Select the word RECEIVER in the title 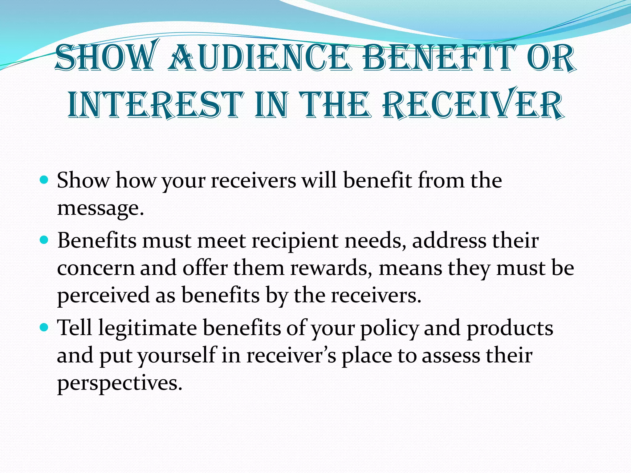[x=473, y=105]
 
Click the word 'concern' [x=96, y=268]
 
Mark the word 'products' [x=510, y=328]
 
